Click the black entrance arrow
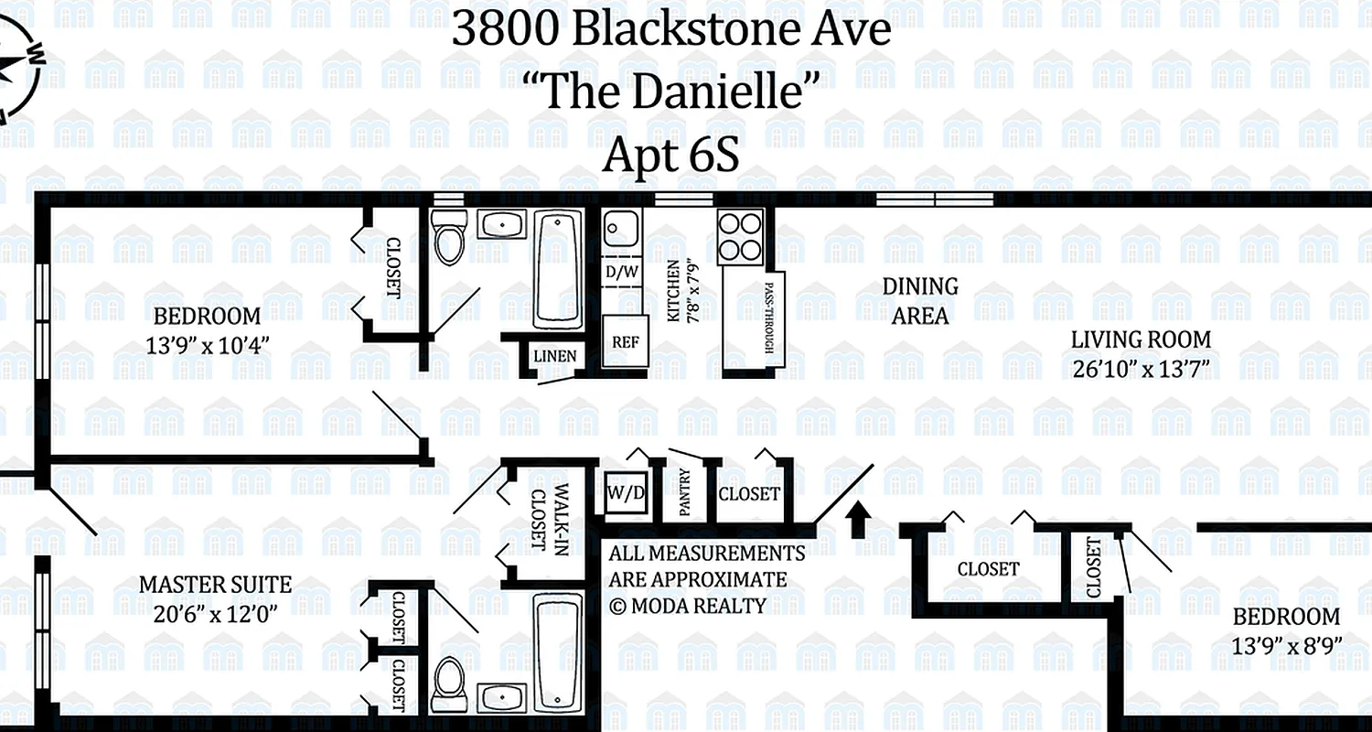pyautogui.click(x=857, y=519)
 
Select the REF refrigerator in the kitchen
pyautogui.click(x=625, y=342)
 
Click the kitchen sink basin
pyautogui.click(x=622, y=226)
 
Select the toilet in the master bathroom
pyautogui.click(x=449, y=678)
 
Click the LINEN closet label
pyautogui.click(x=555, y=355)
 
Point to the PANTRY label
pyautogui.click(x=683, y=492)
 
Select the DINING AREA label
pyautogui.click(x=920, y=301)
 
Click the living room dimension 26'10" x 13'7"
pyautogui.click(x=1141, y=370)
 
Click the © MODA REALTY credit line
pyautogui.click(x=688, y=605)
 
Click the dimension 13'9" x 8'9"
pyautogui.click(x=1285, y=645)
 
